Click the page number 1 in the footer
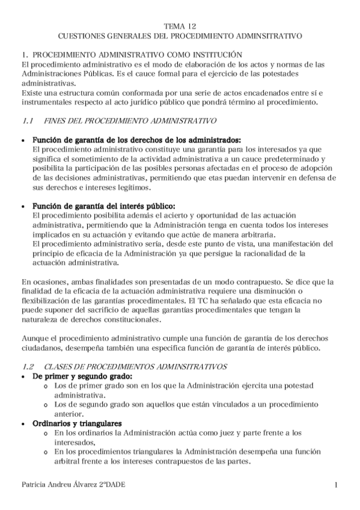click(x=337, y=485)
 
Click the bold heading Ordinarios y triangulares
click(x=77, y=423)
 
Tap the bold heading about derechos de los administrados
click(x=136, y=139)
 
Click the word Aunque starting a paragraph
click(x=34, y=338)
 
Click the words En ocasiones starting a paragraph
click(x=44, y=281)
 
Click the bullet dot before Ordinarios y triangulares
click(x=23, y=424)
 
